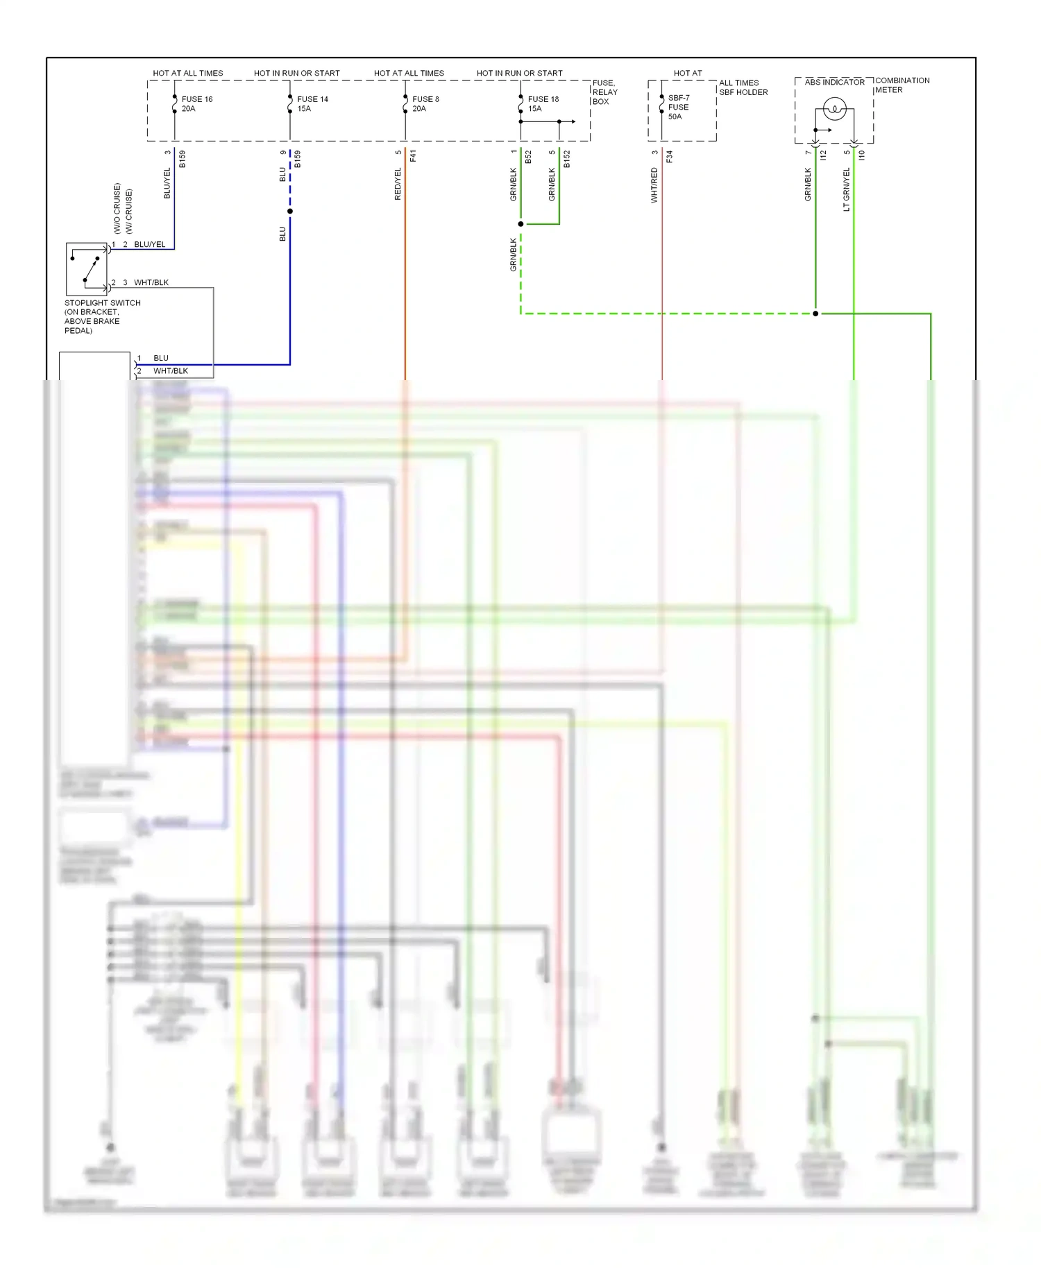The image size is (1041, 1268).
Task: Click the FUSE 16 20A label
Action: [x=196, y=104]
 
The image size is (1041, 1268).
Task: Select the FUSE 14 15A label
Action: [x=312, y=104]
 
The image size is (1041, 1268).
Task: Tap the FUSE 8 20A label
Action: [x=425, y=104]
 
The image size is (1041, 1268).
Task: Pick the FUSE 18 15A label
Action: [x=543, y=104]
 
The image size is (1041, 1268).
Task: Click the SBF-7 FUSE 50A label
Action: [x=678, y=108]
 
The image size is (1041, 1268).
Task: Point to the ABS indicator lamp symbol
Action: [x=834, y=109]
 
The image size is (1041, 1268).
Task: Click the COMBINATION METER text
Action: [x=902, y=85]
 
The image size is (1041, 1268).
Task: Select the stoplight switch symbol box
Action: [x=87, y=269]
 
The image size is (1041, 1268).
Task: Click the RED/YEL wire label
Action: [x=398, y=184]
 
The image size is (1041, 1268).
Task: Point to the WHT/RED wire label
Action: [x=654, y=185]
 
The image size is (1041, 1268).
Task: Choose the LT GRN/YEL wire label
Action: [x=846, y=189]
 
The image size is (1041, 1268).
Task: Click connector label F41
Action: [x=413, y=156]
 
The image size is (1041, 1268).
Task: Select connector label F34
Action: [x=669, y=157]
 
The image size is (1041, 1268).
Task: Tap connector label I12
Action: [x=823, y=155]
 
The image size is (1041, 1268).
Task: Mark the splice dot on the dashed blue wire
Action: [x=290, y=211]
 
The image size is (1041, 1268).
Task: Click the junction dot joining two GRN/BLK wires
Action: [x=520, y=224]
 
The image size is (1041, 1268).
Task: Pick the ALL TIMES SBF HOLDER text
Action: [x=743, y=87]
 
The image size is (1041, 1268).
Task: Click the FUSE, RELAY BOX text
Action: [x=604, y=92]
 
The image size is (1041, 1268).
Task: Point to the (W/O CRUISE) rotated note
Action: [x=117, y=208]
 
